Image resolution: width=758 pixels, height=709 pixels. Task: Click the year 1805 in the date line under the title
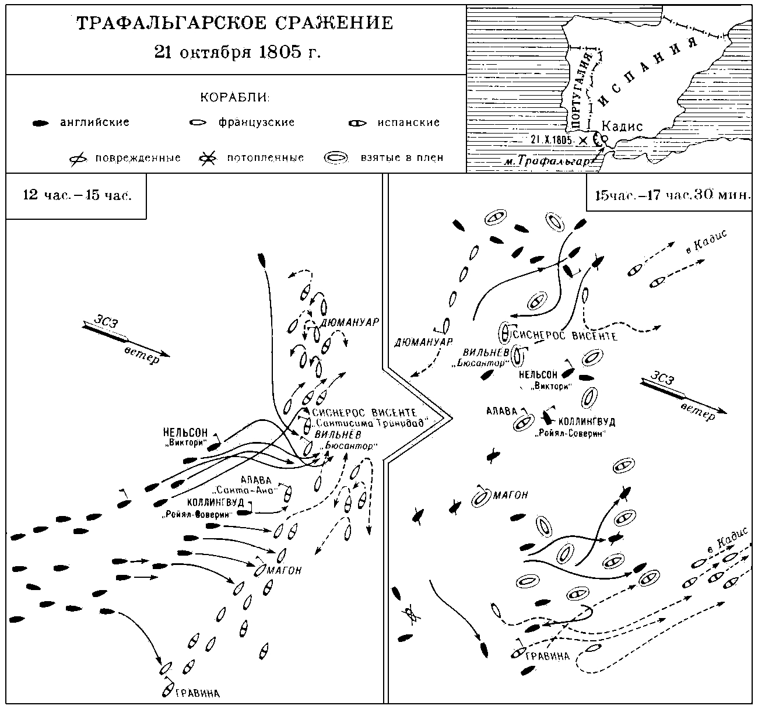coord(280,52)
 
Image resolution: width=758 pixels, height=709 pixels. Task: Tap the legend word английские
coord(94,122)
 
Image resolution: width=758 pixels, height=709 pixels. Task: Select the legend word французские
coord(257,122)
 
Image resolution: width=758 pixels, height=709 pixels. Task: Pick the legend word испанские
coord(408,122)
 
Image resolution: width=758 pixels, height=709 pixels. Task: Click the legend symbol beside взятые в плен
coord(336,158)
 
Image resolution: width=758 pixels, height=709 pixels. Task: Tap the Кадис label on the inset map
coord(622,127)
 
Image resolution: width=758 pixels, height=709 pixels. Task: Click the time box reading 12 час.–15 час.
coord(76,196)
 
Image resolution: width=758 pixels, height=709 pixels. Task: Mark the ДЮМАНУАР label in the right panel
coord(423,342)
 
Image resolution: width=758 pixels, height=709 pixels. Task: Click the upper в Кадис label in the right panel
coord(706,242)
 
